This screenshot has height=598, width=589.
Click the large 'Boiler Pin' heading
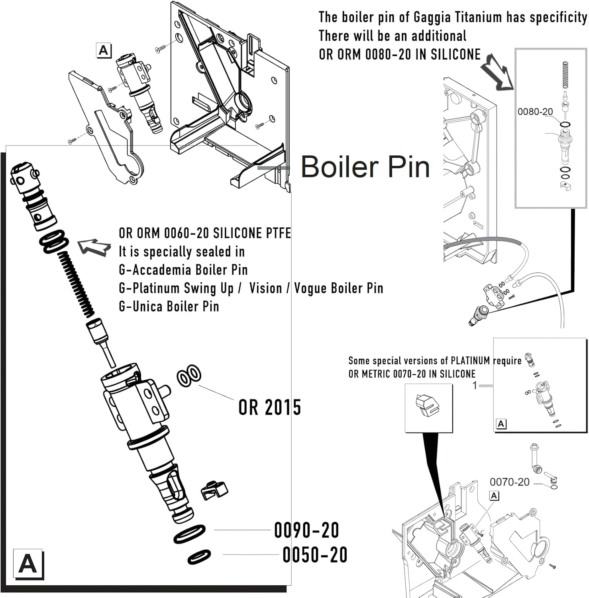coord(365,167)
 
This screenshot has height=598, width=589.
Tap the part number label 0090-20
coord(306,530)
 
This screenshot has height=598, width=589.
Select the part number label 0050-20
coord(314,555)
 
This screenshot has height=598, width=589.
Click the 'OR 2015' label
coord(269,407)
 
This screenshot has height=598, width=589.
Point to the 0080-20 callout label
coord(535,112)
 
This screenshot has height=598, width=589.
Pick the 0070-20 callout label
coord(509,482)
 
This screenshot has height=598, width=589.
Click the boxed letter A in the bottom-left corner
coord(28,564)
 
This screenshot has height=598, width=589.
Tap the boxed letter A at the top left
coord(104,51)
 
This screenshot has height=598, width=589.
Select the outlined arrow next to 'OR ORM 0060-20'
coord(94,247)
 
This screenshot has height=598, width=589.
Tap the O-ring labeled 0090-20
coord(189,534)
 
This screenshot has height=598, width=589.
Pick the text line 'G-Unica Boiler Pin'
coord(169,306)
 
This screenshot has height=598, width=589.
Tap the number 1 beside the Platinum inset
coord(475,386)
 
